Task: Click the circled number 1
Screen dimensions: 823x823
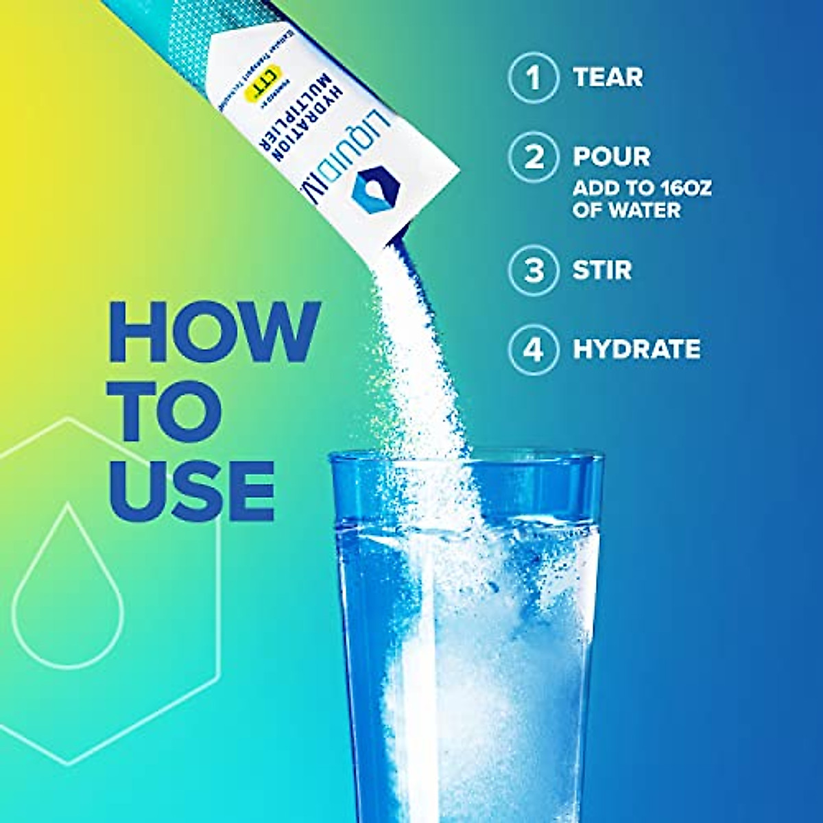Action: tap(533, 77)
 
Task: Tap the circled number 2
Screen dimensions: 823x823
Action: tap(533, 157)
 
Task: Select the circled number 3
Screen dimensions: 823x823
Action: tap(533, 270)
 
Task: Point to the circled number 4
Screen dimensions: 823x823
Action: tap(533, 349)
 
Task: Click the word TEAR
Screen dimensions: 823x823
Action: tap(608, 77)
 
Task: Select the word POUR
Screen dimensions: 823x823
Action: tap(612, 157)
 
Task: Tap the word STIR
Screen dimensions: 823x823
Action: tap(602, 270)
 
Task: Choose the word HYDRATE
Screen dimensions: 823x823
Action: tap(636, 349)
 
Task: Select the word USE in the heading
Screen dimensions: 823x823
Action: tap(192, 488)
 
